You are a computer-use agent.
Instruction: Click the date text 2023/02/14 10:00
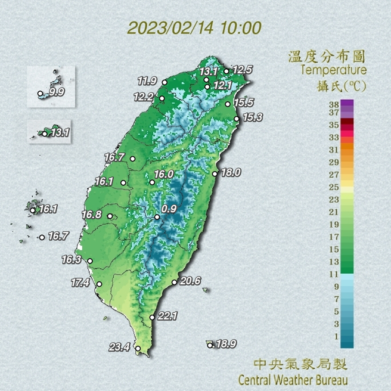point(195,28)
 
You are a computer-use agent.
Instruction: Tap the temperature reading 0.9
point(169,209)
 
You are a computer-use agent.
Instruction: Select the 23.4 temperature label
point(119,347)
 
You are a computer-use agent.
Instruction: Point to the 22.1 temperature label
point(169,316)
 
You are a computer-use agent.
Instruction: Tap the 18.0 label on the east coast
point(230,172)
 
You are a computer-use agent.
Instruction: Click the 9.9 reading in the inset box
point(57,92)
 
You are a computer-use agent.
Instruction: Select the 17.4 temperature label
point(80,283)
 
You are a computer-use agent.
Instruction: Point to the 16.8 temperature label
point(92,215)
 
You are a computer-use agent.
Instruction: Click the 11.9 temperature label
point(147,80)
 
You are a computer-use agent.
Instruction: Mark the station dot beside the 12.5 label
point(226,72)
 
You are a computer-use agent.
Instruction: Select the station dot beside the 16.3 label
point(90,261)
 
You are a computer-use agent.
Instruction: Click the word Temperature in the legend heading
point(334,70)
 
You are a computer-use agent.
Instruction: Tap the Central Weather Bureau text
point(293,379)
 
